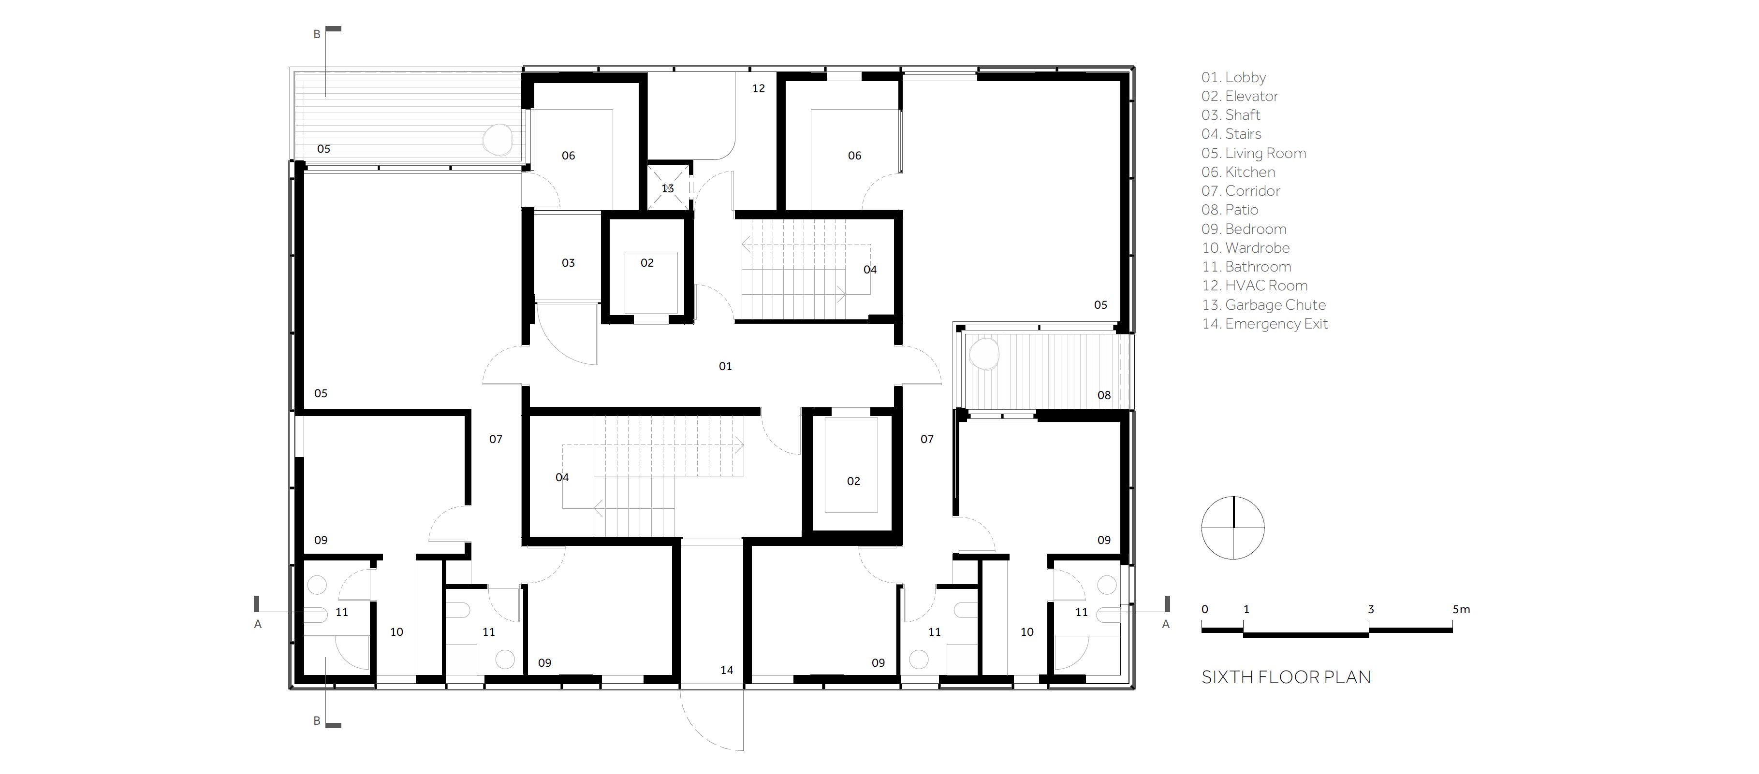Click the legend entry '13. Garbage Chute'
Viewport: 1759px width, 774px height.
pos(1263,305)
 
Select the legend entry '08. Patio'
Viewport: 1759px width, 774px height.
pos(1229,210)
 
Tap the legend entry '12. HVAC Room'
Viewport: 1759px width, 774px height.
pos(1254,286)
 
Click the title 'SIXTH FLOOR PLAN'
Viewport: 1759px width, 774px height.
pos(1286,677)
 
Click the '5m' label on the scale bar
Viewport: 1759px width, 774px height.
pos(1461,609)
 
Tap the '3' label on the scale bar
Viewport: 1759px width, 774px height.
pos(1370,609)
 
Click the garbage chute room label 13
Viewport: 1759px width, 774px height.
pos(667,188)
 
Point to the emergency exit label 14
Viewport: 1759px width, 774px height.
pos(727,670)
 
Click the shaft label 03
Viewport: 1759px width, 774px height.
pos(568,263)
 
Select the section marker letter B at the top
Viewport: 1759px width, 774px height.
pos(317,34)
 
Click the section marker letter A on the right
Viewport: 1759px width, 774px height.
pos(1166,624)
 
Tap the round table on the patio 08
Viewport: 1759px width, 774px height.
pos(984,354)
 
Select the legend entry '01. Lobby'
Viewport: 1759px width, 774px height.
pos(1233,77)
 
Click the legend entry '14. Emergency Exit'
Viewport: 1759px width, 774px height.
pos(1265,324)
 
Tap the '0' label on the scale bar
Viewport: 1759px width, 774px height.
pos(1204,609)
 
